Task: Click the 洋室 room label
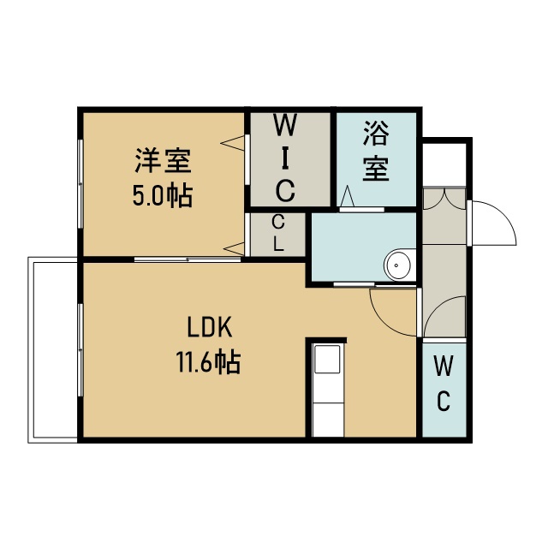click(x=164, y=161)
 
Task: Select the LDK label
click(x=209, y=328)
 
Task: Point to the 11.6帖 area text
click(x=209, y=362)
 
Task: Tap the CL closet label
click(x=278, y=234)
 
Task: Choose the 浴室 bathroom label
click(x=376, y=151)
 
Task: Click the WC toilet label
click(x=444, y=384)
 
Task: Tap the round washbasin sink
click(x=396, y=265)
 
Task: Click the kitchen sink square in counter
click(x=327, y=360)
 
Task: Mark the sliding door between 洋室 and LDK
click(x=188, y=259)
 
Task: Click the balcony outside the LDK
click(x=53, y=350)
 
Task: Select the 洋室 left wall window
click(x=80, y=184)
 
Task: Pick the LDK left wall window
click(x=80, y=350)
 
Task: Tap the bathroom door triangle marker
click(x=347, y=196)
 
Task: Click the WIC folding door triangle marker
click(x=232, y=143)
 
